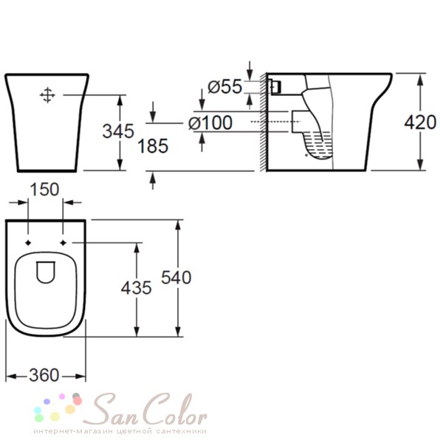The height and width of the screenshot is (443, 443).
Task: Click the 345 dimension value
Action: [118, 131]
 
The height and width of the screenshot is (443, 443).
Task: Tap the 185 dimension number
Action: [153, 146]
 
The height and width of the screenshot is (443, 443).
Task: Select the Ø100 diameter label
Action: [210, 123]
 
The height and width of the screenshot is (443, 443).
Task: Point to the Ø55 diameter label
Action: [225, 86]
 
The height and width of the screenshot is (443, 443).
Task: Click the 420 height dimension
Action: [420, 123]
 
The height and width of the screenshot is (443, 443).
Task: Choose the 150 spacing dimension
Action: [44, 189]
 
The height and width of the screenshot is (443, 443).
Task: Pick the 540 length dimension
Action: [176, 278]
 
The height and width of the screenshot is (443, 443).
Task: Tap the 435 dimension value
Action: [136, 288]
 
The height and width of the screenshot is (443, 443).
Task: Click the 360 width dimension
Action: [44, 375]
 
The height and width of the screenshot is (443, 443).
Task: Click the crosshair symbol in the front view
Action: [47, 95]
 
